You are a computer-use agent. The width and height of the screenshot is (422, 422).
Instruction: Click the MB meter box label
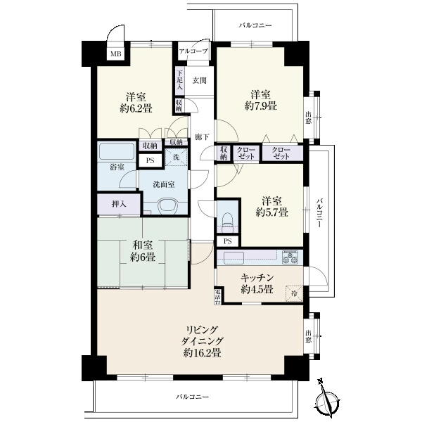116,54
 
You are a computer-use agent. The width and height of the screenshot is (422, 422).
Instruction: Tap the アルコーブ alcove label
193,51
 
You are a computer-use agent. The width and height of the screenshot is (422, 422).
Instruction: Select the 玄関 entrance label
200,80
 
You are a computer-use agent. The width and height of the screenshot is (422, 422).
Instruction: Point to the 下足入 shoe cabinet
180,80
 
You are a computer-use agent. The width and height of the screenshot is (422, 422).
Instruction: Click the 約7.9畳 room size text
260,106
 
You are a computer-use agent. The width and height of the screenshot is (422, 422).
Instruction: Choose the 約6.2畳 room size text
136,108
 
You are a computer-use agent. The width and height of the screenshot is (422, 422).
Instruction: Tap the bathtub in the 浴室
117,151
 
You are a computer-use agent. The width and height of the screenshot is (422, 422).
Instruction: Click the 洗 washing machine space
177,158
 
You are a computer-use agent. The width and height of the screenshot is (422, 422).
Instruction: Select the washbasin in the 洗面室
167,206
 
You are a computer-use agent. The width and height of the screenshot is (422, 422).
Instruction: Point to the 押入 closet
119,204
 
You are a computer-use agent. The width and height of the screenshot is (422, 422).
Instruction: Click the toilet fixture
227,222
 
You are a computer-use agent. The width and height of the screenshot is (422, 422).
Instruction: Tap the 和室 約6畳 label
143,251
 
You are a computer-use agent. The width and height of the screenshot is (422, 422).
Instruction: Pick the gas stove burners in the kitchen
290,257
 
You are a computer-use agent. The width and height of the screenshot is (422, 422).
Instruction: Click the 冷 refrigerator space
295,293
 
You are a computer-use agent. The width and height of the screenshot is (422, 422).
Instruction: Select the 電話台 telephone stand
218,297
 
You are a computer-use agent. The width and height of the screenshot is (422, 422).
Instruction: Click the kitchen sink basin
234,258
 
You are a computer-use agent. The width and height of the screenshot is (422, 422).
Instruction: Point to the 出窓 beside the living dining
309,336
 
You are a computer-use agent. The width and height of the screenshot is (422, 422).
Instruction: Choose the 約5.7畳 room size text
271,212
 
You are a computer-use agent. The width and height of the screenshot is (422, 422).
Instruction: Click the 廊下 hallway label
202,137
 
